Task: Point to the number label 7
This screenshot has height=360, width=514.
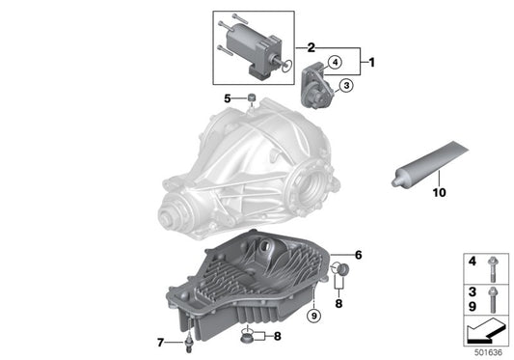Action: click(161, 342)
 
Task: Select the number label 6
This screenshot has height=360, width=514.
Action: click(357, 255)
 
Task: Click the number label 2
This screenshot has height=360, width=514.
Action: click(311, 46)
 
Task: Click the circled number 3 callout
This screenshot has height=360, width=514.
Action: click(344, 86)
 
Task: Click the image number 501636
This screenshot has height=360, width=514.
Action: click(489, 353)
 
